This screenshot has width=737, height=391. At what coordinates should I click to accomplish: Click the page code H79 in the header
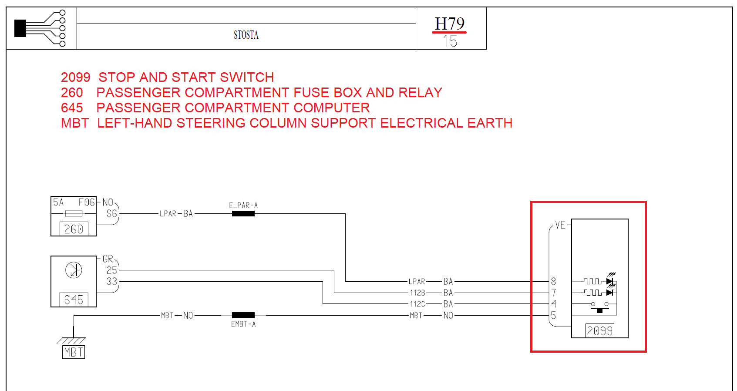coord(450,24)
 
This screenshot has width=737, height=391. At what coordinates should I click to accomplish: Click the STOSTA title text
coord(246,35)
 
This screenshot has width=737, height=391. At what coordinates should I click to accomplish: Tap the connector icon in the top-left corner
coord(40,28)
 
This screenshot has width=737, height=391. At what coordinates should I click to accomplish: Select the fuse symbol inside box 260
coord(74,213)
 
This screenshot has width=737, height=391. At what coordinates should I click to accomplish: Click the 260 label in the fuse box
coord(74,229)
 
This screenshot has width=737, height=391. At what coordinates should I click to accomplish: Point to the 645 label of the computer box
coord(74,300)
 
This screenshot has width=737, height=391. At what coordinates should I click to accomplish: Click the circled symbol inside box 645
coord(74,270)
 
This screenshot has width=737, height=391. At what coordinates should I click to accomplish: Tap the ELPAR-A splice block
coord(243,214)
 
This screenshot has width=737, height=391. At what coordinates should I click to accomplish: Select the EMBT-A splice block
coord(243,315)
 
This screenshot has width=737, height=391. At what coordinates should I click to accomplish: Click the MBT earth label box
coord(73,352)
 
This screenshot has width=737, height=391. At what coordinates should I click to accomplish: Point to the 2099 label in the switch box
coord(599,331)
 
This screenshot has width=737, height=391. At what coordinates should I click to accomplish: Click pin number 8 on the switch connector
coord(553,281)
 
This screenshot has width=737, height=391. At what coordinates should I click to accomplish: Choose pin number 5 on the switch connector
coord(553,315)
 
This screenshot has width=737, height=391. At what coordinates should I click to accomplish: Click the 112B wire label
coord(417,293)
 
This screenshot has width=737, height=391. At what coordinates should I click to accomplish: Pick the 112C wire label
coord(417,304)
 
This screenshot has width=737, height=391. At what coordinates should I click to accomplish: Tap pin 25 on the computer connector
coord(111,270)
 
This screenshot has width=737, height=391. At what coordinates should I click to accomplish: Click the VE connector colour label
coord(560,225)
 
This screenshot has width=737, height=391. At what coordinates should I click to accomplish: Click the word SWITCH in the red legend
coord(247,77)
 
